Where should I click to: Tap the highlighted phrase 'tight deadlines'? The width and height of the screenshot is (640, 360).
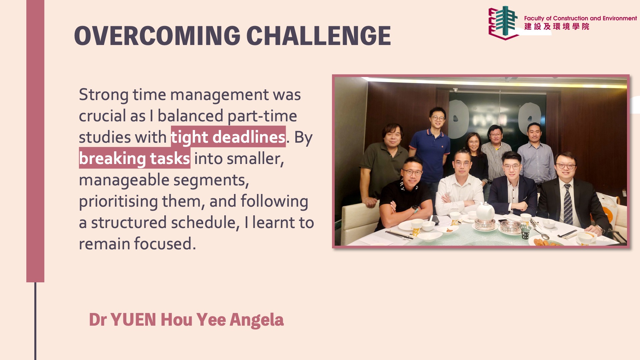(228, 137)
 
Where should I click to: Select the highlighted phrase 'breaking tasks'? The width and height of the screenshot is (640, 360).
(135, 158)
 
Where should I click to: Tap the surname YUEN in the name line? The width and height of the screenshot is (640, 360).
(133, 320)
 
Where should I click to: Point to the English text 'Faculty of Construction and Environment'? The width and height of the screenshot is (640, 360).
(580, 18)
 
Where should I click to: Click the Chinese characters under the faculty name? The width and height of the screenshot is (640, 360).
(557, 27)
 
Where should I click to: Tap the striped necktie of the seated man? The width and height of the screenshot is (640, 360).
(568, 204)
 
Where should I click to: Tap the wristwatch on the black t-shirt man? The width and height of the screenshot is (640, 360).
(415, 209)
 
